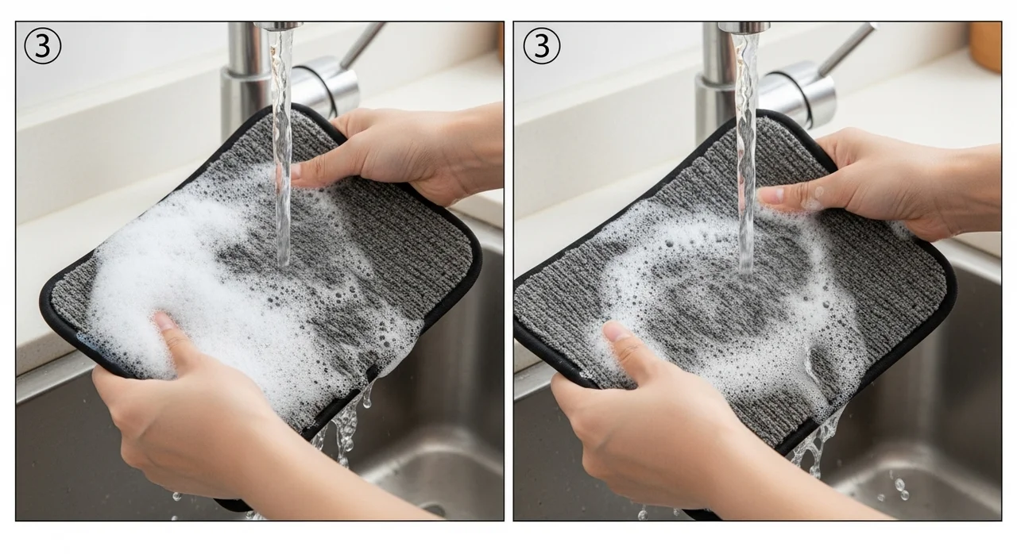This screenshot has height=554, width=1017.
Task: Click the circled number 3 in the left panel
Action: (42, 46)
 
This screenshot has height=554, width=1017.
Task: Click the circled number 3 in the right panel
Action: (542, 46)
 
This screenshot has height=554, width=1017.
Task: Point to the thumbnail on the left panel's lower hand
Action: (164, 321)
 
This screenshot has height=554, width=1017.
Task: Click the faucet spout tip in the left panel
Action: (279, 26)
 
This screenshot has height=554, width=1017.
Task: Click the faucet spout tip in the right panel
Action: (744, 27)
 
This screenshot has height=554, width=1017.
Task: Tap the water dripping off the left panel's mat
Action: (345, 431)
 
